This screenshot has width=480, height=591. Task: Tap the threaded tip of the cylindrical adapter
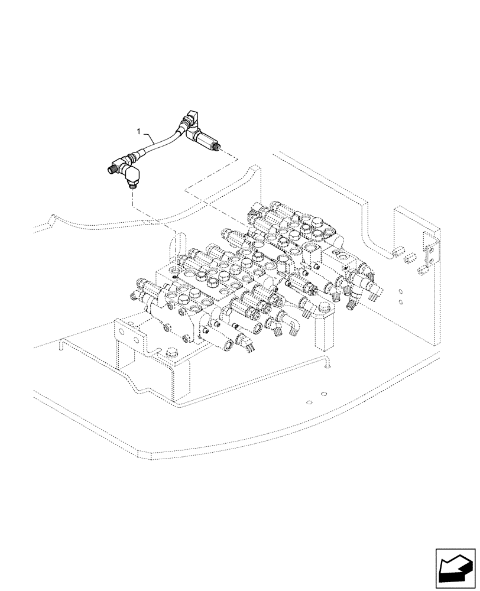coord(221,148)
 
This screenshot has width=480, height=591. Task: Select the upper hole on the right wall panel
coord(401,291)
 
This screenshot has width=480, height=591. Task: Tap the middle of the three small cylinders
coord(408,258)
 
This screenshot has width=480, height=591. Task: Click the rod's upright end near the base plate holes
coord(326,365)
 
